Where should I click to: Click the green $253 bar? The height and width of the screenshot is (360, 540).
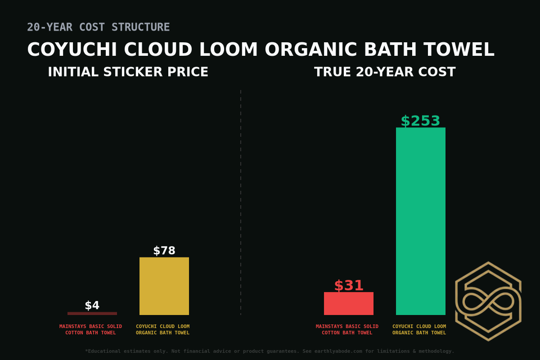(421, 220)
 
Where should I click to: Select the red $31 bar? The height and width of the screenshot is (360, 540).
(349, 303)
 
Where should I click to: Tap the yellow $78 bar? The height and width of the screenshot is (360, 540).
(164, 286)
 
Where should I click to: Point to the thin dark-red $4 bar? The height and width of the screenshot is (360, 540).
(92, 313)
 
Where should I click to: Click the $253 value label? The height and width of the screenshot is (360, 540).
(420, 121)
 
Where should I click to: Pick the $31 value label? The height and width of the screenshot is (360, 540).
(349, 286)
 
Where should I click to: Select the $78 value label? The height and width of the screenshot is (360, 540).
(164, 251)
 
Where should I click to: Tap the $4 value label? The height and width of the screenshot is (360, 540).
(92, 306)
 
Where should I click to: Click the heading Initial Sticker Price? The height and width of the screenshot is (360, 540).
(128, 72)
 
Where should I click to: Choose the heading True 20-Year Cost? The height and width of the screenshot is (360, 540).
(385, 72)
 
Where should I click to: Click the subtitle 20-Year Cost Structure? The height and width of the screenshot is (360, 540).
(99, 27)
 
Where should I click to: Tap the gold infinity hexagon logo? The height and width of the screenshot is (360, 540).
(488, 301)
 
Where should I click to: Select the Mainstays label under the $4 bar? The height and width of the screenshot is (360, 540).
(90, 329)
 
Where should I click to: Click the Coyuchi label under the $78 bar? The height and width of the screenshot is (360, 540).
(162, 329)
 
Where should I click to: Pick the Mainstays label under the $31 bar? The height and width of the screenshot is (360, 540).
(347, 329)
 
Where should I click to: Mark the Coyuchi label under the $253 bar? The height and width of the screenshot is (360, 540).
(419, 329)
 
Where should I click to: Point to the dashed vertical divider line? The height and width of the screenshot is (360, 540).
(241, 202)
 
